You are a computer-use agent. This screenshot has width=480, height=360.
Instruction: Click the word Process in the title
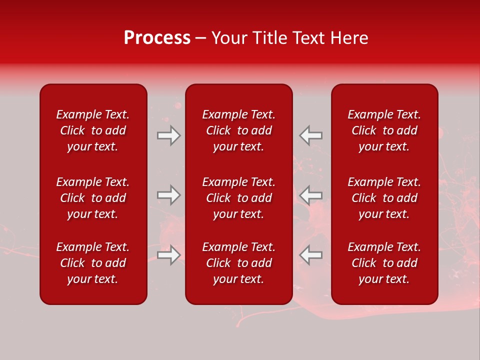click(157, 38)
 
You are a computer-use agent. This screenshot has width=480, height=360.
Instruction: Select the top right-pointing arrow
click(169, 135)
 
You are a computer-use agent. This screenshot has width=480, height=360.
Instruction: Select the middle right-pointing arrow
click(169, 195)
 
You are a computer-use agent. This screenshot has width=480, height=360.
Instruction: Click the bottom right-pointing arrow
click(169, 255)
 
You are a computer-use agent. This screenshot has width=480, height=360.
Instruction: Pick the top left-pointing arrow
click(310, 135)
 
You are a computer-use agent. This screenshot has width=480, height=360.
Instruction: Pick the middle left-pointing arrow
click(310, 195)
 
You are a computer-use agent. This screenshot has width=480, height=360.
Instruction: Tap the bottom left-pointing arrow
click(310, 255)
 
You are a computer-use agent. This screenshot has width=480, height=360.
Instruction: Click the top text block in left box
click(93, 130)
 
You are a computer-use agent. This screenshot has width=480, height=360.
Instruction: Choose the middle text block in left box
click(93, 198)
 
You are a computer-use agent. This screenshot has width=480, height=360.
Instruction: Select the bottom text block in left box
click(93, 263)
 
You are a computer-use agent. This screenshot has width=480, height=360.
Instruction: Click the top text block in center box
click(239, 130)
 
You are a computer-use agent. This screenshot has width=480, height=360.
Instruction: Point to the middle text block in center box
click(239, 198)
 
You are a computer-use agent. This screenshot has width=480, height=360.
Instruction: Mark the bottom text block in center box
click(239, 263)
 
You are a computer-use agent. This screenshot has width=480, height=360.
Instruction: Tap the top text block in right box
click(384, 130)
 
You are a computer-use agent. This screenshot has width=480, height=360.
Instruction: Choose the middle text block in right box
click(384, 198)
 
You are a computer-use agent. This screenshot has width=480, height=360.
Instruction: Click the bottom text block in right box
click(384, 263)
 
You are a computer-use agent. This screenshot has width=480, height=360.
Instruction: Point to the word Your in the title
click(229, 38)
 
